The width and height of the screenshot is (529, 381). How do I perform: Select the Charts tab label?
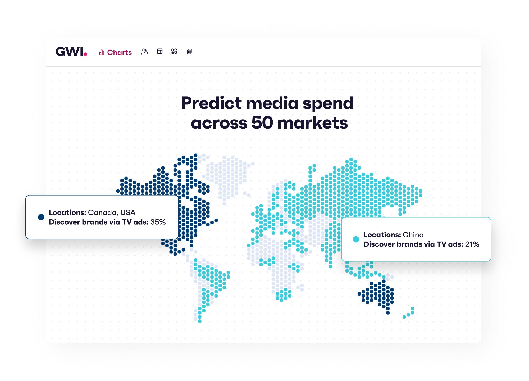(119, 52)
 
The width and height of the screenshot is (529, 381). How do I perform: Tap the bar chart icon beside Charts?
(102, 52)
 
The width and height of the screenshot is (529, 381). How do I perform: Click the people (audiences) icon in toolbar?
(144, 52)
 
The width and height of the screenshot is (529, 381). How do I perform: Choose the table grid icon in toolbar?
(160, 51)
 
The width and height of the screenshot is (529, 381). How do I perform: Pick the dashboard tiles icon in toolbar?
(174, 51)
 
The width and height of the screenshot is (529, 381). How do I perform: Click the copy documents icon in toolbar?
(189, 52)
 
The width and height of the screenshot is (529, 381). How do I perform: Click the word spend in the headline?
(328, 104)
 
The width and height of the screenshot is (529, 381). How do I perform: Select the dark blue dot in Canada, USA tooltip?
(41, 217)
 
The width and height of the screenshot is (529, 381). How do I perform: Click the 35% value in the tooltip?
(158, 222)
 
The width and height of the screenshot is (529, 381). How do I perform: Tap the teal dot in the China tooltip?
(356, 239)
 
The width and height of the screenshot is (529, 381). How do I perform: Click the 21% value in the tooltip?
(472, 244)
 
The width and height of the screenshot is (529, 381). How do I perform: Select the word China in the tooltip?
(413, 235)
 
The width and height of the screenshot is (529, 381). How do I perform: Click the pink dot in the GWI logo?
(85, 54)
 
